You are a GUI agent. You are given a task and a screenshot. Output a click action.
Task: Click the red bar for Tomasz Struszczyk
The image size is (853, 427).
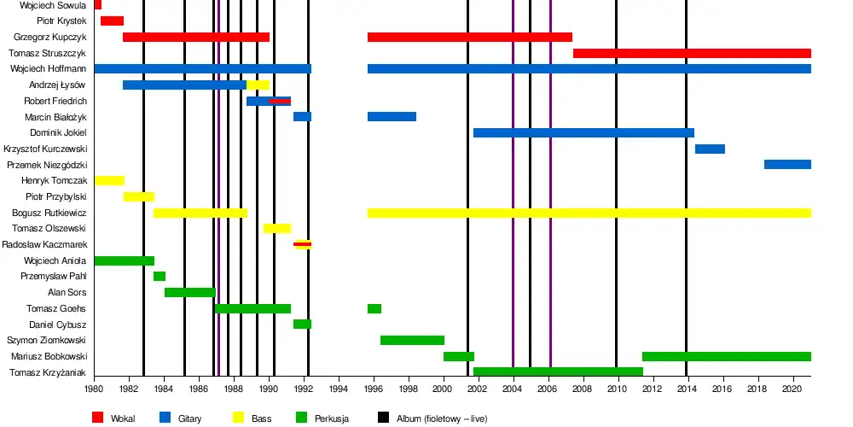coord(692,53)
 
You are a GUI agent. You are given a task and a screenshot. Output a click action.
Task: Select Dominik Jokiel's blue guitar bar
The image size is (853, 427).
coord(583,132)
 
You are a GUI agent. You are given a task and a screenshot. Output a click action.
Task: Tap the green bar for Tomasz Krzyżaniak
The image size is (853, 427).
coord(558,371)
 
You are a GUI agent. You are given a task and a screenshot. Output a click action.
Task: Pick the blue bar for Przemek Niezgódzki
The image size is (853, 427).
coord(787,164)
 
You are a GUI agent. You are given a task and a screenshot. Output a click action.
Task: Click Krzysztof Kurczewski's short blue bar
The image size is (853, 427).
coord(710,149)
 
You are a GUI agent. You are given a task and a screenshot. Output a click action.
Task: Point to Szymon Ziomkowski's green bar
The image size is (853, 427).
coord(412,340)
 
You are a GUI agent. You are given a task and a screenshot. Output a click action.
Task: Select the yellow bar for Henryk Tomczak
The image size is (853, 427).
coord(109,180)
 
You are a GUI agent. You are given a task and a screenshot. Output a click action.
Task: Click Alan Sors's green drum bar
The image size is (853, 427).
coord(190,292)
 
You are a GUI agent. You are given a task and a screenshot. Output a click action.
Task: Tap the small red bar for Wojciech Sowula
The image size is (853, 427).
coord(98,5)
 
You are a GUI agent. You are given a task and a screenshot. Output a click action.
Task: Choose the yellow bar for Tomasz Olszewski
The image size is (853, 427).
coord(277,228)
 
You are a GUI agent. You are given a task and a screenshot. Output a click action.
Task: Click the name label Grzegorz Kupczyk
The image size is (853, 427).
coord(50,38)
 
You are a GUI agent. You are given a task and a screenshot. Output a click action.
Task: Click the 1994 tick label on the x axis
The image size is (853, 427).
coord(339,389)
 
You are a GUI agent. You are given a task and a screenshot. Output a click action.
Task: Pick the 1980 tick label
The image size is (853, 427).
coord(94,389)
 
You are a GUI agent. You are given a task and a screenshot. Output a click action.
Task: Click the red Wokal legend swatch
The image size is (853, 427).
coord(97,418)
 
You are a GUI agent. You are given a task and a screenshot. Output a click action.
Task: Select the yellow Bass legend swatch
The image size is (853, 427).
coord(239,418)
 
